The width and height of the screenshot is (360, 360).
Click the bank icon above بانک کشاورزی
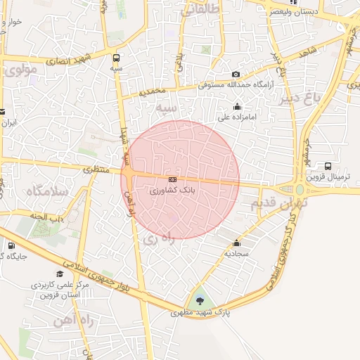coord(172,180)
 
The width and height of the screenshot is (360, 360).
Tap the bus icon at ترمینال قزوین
coord(328,166)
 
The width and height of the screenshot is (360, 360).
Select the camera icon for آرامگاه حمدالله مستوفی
coord(236,75)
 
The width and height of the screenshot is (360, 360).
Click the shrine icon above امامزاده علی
coord(237,107)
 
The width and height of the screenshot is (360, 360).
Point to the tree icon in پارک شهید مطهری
coord(201,301)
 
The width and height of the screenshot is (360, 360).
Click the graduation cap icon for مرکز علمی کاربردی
coord(60,274)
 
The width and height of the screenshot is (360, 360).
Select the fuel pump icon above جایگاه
coord(12,245)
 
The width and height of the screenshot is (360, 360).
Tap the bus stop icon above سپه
coord(116,58)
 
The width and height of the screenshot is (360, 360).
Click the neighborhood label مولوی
coord(19,72)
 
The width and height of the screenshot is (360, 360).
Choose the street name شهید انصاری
coord(69,60)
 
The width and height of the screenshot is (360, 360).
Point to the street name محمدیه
coord(153,91)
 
